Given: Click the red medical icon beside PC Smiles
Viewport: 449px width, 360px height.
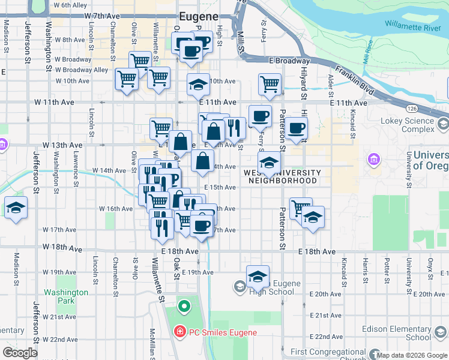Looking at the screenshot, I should coord(179,332).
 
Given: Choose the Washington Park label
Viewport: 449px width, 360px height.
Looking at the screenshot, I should coord(65,296).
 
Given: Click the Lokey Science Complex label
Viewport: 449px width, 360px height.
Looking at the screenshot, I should coord(407,125).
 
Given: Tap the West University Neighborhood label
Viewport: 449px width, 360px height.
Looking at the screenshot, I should coord(282,176).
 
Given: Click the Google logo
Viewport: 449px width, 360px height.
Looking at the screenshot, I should coord(20,352).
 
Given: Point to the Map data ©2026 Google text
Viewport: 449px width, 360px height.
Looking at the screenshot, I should coord(412,355).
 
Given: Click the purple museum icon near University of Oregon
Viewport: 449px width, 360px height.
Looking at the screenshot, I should coord(373,160).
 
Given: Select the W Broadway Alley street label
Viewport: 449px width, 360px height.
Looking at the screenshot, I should coord(82,70).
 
